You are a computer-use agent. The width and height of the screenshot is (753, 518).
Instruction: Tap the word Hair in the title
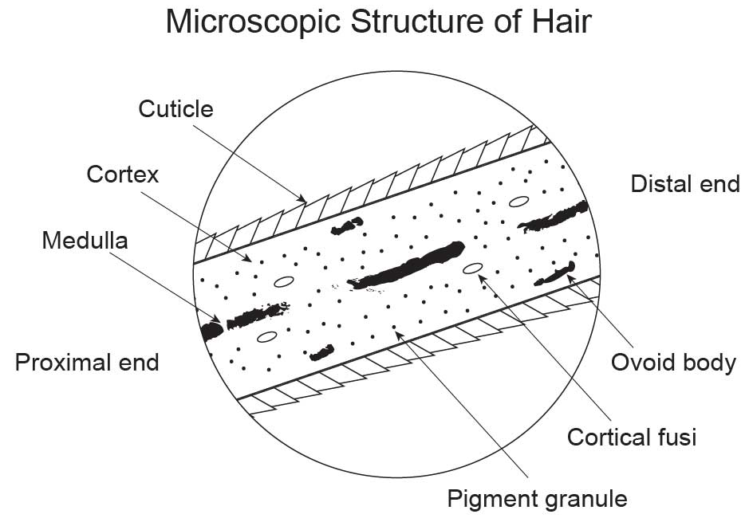pos(562,22)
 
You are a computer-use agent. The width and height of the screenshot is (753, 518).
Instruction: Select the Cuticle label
pos(175,108)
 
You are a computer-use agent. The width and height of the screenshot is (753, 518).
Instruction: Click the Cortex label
pos(123,174)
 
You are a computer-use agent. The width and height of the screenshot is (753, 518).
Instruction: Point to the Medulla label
pos(85,239)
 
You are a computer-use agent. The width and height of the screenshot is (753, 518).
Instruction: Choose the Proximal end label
pos(87,363)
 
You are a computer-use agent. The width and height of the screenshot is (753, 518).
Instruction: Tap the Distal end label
pos(685,184)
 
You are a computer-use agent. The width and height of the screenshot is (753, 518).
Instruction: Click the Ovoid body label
pos(673,363)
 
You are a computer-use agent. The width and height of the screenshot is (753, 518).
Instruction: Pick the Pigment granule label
pos(537,499)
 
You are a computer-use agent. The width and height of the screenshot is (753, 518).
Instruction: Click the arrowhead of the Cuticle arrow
pos(302,198)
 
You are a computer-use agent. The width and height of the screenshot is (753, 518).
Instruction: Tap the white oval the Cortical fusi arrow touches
pos(472,267)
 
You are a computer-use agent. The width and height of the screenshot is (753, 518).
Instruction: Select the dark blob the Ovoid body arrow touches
pos(557,274)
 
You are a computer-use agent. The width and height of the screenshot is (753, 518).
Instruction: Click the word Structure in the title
pos(394,22)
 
